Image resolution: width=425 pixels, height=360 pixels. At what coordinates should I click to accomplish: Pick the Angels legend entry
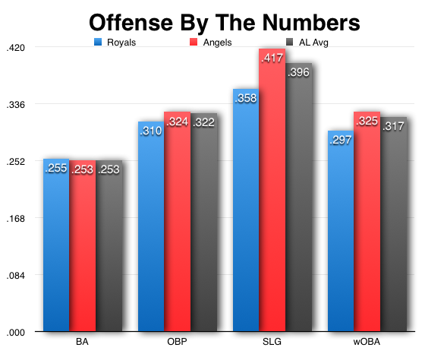[x=210, y=42]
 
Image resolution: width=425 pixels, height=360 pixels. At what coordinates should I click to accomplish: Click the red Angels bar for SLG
[x=272, y=197]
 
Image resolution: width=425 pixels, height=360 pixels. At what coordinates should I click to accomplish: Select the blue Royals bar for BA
[x=56, y=251]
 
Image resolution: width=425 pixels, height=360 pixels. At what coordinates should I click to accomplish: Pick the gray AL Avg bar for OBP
[x=203, y=228]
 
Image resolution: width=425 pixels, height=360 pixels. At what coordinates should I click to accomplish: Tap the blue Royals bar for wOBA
[x=341, y=235]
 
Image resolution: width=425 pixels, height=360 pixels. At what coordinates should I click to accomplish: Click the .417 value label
[x=272, y=58]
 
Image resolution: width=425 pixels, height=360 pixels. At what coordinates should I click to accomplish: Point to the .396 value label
[x=298, y=72]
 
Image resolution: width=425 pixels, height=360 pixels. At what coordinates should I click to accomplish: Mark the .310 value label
[x=151, y=131]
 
